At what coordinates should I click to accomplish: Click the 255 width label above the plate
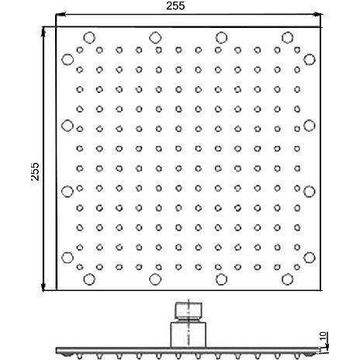click(x=175, y=5)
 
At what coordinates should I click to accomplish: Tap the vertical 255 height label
click(x=35, y=171)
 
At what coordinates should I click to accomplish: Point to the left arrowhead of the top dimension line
click(x=60, y=15)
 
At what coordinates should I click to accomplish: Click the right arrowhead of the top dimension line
click(x=317, y=15)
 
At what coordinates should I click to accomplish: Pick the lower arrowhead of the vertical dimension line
click(x=43, y=286)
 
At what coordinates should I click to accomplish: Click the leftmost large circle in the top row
click(x=89, y=38)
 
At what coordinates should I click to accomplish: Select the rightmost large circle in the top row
click(x=287, y=38)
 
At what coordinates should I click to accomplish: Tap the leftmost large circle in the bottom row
click(x=89, y=279)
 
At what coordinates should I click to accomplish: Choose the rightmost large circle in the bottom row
click(x=287, y=279)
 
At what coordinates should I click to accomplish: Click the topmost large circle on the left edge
click(x=67, y=60)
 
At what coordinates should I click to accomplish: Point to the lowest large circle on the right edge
click(x=310, y=258)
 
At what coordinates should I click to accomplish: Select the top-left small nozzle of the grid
click(x=80, y=50)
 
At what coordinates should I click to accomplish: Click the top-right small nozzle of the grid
click(x=297, y=50)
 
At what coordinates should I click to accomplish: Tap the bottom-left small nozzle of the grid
click(x=80, y=267)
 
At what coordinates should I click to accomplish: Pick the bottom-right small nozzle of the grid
click(x=297, y=267)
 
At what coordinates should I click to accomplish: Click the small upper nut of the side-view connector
click(x=189, y=310)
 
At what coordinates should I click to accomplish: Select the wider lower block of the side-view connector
click(x=189, y=334)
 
